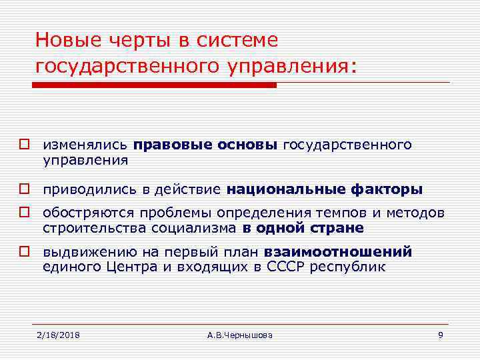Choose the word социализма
point(198,228)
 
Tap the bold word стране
point(337,228)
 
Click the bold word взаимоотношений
point(338,253)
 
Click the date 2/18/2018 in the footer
point(58,334)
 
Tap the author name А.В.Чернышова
point(239,334)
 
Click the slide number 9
point(440,334)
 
